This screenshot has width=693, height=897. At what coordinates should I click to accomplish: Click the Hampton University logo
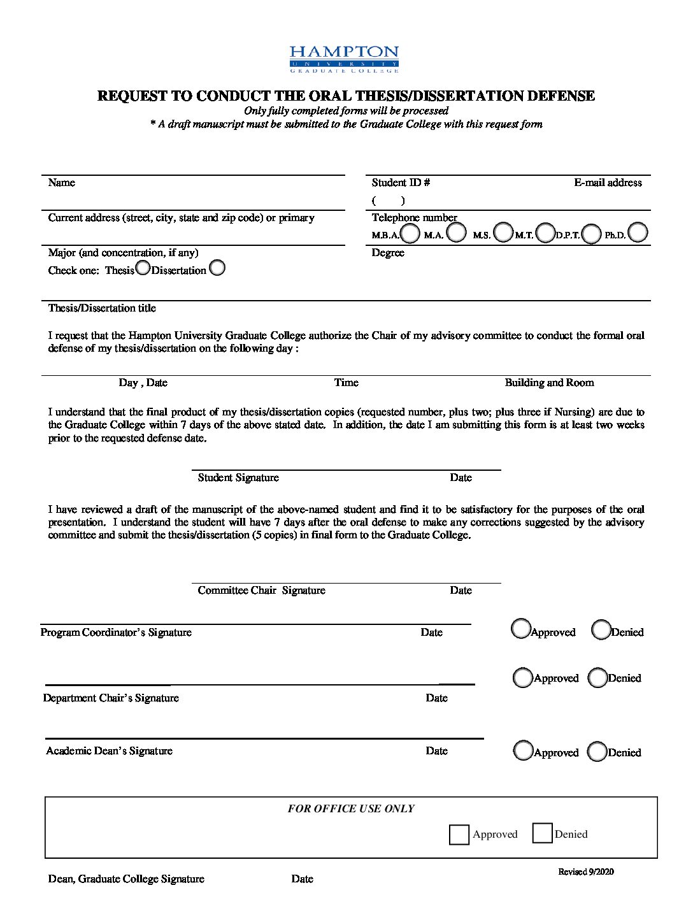point(344,59)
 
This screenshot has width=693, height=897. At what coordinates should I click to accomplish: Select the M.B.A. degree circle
point(411,233)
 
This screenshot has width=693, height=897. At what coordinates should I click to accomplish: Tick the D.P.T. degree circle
point(591,234)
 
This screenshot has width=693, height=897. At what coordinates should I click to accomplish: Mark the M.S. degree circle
point(503,233)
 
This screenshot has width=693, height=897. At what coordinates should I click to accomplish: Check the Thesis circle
point(143,268)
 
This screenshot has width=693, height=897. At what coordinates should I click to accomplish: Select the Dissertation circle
point(217,268)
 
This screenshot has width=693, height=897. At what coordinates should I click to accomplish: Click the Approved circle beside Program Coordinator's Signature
point(521,629)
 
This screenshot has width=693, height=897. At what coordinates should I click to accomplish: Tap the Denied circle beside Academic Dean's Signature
point(597,752)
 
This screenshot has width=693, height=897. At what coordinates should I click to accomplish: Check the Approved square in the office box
point(459,835)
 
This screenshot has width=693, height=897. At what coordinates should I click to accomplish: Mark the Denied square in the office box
point(542,833)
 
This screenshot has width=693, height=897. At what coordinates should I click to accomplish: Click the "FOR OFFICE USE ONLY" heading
point(351,808)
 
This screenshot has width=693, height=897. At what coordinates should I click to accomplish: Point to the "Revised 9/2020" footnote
point(586,872)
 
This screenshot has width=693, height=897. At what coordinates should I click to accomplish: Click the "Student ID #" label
point(401,183)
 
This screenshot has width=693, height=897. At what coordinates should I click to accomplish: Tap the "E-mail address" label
point(608,183)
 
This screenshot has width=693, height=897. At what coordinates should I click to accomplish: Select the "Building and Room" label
point(549,383)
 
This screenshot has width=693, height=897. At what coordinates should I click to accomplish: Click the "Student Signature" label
point(238,478)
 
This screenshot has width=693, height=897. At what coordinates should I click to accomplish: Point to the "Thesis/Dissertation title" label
point(102,308)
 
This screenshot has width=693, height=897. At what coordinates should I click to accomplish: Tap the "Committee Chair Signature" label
point(261,591)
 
